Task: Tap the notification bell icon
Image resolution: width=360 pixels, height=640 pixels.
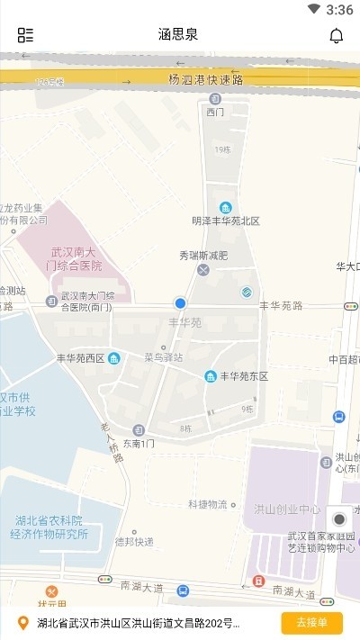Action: coord(337,35)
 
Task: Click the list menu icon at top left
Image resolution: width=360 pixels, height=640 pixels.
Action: coord(25,35)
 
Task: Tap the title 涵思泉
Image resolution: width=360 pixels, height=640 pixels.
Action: coord(178,35)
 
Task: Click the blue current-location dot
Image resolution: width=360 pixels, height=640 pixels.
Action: coord(180,304)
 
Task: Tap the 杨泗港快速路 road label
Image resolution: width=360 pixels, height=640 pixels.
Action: coord(206,79)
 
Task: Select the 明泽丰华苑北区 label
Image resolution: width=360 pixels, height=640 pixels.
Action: coord(225,221)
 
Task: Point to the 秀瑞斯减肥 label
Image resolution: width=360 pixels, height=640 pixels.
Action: coord(203,256)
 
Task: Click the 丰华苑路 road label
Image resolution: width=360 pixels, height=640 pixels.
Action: coord(281,306)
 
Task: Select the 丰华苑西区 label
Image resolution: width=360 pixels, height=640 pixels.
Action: coord(81,358)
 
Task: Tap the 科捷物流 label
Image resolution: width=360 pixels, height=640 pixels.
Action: coord(207,504)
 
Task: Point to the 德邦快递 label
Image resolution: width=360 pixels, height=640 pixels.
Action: coord(134,542)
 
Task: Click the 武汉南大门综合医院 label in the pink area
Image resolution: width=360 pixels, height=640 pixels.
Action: coord(76,259)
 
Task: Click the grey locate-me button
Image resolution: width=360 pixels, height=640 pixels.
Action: coord(339,519)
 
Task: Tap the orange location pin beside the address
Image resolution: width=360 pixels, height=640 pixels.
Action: coord(23,623)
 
